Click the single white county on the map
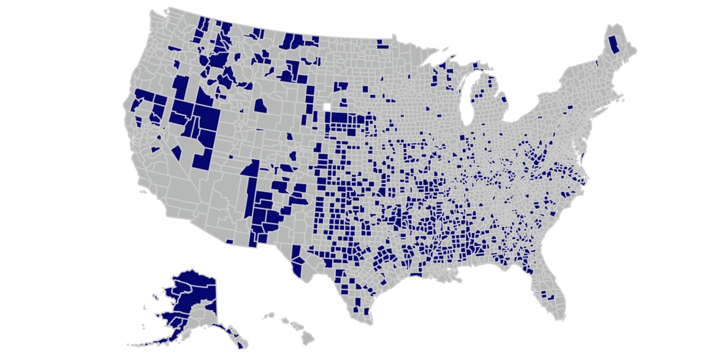click(327, 107)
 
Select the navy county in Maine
click(612, 45)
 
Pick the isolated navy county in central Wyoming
click(260, 106)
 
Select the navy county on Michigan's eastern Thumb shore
click(504, 99)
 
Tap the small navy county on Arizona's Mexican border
click(230, 241)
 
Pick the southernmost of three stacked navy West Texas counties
click(298, 270)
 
